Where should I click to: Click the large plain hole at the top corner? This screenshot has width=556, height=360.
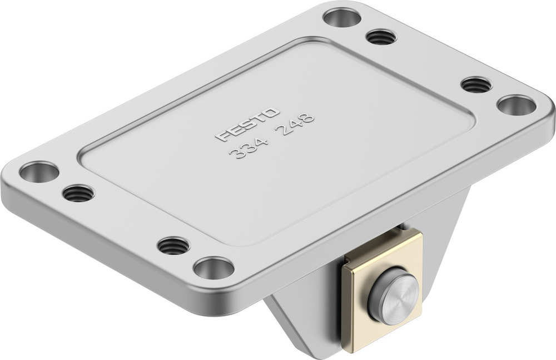coord(342,18)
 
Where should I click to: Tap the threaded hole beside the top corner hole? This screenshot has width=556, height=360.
coord(381,37)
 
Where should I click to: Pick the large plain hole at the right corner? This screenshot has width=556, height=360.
coord(516,105)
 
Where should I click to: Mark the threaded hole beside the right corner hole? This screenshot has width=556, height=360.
coord(476,85)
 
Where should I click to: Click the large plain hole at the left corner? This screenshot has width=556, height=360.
coord(39,171)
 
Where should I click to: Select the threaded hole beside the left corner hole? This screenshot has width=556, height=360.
coord(78,193)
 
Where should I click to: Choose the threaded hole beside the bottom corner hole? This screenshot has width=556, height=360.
coord(173,245)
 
